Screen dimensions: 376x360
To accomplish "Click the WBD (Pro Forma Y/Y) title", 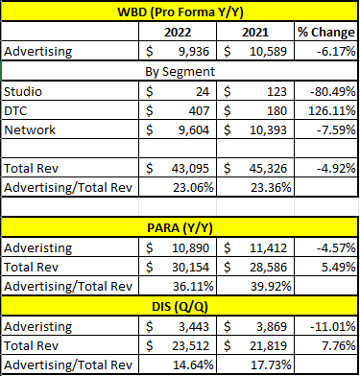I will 180,12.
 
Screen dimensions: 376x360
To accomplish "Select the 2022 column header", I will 180,30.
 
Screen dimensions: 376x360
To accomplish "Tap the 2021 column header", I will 254,30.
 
